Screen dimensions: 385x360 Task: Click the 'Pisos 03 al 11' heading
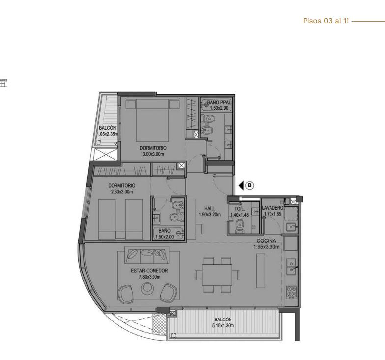[326, 21]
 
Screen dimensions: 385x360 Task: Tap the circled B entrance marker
[250, 185]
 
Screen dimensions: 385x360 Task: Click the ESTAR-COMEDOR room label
[149, 271]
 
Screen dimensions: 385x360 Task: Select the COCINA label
[267, 241]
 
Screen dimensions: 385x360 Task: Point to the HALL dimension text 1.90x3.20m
[210, 214]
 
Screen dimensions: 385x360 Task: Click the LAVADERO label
[272, 208]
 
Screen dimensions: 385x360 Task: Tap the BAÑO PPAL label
[219, 102]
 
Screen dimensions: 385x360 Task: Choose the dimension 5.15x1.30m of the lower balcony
[223, 325]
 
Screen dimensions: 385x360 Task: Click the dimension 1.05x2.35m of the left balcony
[107, 134]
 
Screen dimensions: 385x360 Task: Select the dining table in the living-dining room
[217, 275]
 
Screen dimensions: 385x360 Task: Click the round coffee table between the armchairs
[147, 288]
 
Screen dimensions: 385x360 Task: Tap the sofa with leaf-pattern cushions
[147, 255]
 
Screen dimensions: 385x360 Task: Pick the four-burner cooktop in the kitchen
[292, 292]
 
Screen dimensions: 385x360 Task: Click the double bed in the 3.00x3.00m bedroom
[153, 120]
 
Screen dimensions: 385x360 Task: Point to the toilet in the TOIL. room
[240, 226]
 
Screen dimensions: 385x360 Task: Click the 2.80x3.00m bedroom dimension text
[122, 192]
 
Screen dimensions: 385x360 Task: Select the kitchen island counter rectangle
[261, 271]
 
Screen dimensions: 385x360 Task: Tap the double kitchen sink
[291, 267]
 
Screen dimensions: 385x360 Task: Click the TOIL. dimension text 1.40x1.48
[239, 215]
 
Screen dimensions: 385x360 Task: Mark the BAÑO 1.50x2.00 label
[164, 234]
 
